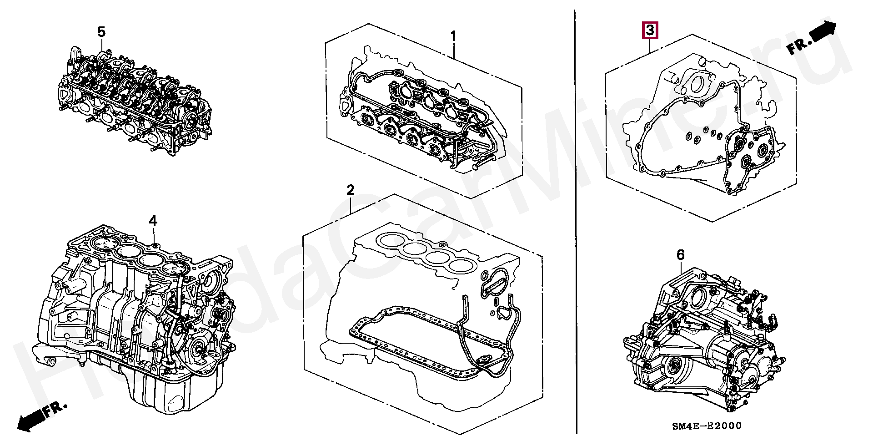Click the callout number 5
point(101,32)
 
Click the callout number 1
point(453,35)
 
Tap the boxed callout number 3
point(650,30)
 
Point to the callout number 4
point(153,221)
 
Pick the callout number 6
point(680,255)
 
